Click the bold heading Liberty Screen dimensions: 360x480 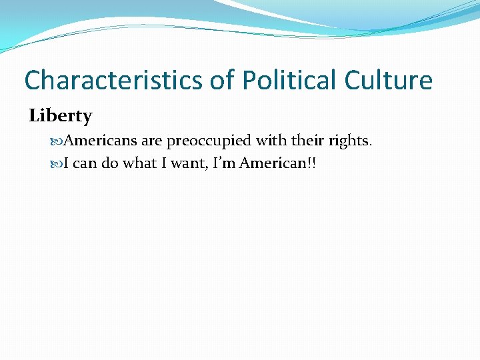tap(61, 116)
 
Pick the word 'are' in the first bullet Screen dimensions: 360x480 tap(153, 141)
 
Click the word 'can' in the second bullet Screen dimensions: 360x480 tap(85, 164)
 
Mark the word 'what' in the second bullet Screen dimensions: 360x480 tap(140, 164)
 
